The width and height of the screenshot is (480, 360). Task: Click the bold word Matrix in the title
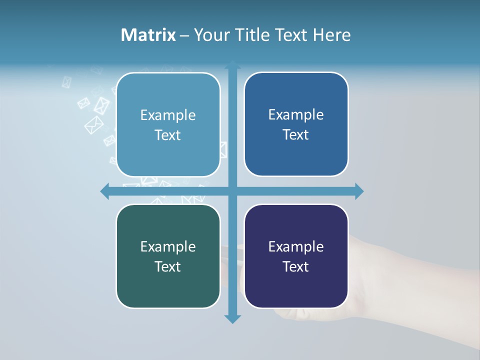[x=148, y=35]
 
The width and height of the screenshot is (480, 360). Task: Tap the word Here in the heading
[x=331, y=35]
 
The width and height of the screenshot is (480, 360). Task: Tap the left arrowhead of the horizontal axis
[x=105, y=191]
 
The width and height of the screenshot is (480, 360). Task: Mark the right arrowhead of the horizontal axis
[x=359, y=191]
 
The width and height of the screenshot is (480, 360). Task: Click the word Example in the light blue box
[x=168, y=115]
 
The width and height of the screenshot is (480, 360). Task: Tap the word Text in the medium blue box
[x=296, y=135]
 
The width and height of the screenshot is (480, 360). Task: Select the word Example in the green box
[x=168, y=246]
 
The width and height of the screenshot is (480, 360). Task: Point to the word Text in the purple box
[x=296, y=266]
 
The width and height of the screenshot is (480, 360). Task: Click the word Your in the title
[x=209, y=35]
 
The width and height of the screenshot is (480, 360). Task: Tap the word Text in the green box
[x=168, y=266]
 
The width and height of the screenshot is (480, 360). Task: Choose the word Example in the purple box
[x=296, y=246]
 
